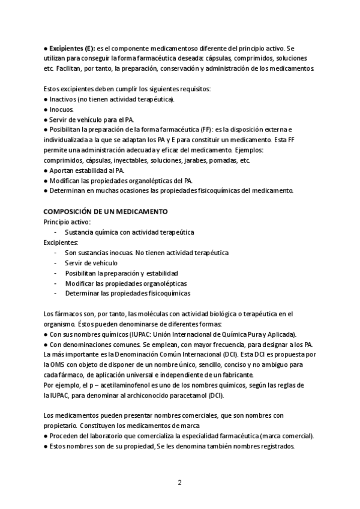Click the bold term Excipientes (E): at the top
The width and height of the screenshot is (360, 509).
(x=71, y=48)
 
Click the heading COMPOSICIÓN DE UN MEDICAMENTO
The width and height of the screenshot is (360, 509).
(x=106, y=211)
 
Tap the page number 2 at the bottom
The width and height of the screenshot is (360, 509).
(x=179, y=483)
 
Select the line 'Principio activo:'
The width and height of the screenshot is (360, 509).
(x=67, y=221)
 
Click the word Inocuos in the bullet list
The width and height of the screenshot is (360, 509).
(x=61, y=109)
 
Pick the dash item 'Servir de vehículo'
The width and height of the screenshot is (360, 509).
(x=91, y=263)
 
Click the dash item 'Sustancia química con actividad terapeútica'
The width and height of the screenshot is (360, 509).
(x=129, y=232)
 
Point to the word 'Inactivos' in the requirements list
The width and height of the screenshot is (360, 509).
(x=64, y=99)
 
